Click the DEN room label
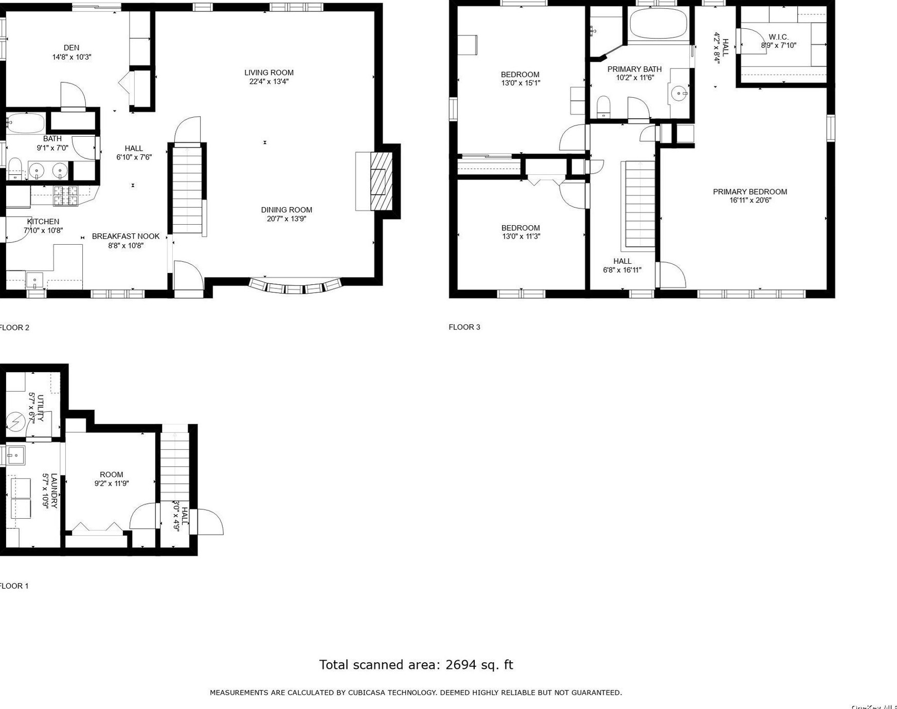71,48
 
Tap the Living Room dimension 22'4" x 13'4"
268,82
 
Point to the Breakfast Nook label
125,237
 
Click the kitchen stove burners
66,195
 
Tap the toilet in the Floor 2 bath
15,168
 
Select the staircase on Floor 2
187,189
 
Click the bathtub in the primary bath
658,24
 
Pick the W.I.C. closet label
778,37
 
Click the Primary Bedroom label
749,192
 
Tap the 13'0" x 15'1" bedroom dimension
521,83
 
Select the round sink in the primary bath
679,94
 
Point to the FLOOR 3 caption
464,327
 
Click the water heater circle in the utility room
15,422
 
